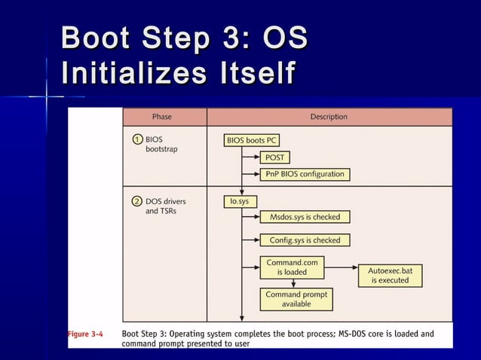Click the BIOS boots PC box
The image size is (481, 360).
point(252,140)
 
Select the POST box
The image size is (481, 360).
point(275,157)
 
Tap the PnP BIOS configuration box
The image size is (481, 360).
point(305,174)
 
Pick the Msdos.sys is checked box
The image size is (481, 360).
point(305,217)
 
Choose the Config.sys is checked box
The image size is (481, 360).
point(305,240)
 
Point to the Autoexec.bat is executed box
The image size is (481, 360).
point(390,275)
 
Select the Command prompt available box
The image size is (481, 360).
point(296,299)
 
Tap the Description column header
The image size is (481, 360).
point(329,117)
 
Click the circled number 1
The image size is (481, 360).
point(136,139)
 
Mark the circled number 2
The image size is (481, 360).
point(136,201)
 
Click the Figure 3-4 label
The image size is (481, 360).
point(86,334)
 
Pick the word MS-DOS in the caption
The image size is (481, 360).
point(354,334)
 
